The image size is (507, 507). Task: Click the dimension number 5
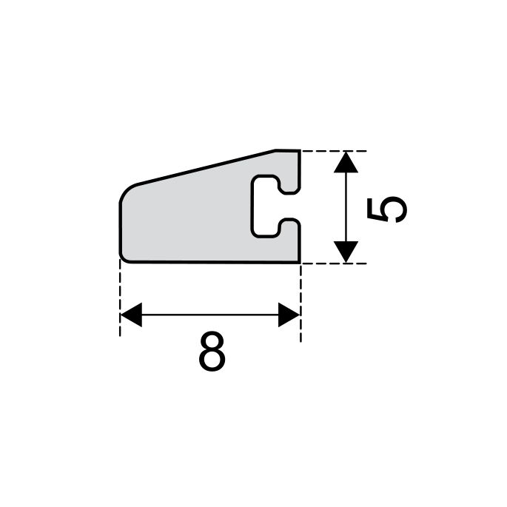click(x=387, y=209)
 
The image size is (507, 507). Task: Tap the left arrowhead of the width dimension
click(x=130, y=315)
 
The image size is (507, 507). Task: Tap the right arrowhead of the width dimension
click(x=289, y=315)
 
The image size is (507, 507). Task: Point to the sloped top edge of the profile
click(x=207, y=168)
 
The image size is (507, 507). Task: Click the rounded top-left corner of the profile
click(x=126, y=190)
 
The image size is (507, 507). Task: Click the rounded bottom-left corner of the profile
click(x=124, y=256)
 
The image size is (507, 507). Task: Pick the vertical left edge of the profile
click(x=120, y=226)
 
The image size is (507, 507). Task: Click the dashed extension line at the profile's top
click(x=333, y=151)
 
